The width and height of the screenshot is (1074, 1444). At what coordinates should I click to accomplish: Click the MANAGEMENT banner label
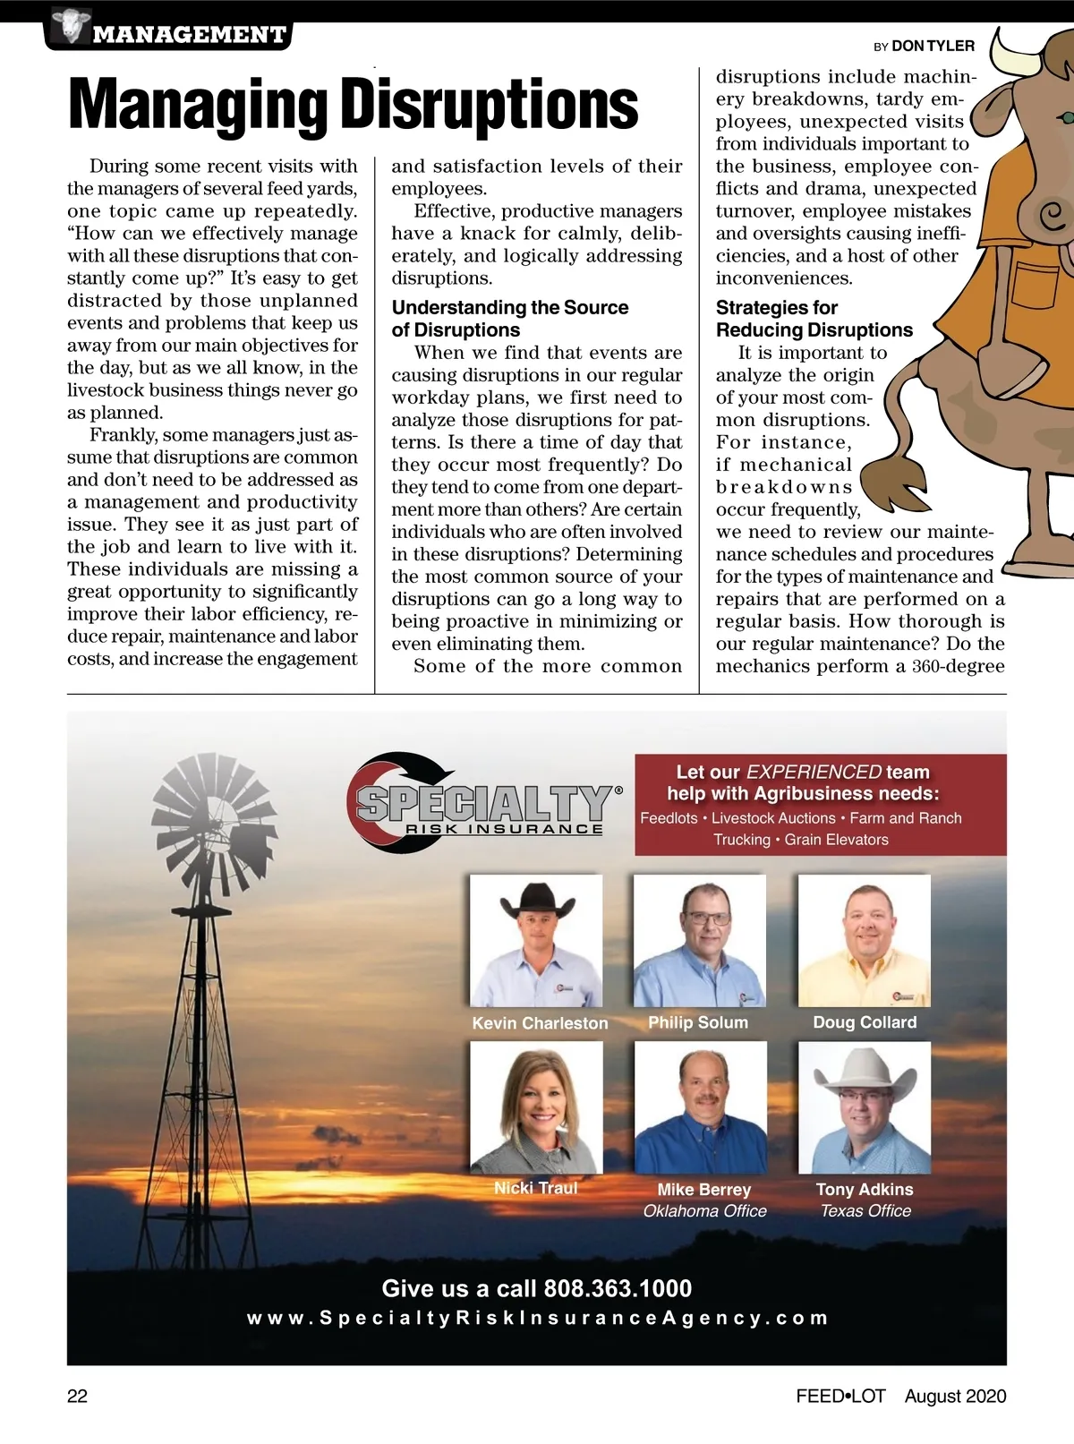coord(189,35)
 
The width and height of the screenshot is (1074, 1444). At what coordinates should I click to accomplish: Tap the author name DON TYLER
coord(933,46)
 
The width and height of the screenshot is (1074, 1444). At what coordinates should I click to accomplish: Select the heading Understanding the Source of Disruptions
coord(509,319)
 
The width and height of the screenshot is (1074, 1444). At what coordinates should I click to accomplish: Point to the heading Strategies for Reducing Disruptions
coord(814,319)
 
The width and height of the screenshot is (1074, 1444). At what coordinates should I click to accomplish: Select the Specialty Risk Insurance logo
coord(483,802)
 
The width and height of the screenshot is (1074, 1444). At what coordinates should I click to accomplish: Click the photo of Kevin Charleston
coord(536,940)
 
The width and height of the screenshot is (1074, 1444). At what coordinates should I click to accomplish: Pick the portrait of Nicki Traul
coord(536,1107)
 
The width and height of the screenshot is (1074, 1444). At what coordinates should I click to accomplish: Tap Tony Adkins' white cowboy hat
coord(864,1070)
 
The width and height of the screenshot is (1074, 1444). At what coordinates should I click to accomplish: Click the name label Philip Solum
coord(698,1022)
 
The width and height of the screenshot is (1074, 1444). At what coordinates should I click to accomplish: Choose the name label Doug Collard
coord(865,1022)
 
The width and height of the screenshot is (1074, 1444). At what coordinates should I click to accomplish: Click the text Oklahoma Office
coord(705,1211)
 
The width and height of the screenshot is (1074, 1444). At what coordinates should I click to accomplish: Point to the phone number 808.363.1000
coord(618,1288)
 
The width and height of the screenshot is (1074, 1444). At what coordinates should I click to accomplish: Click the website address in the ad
coord(537,1318)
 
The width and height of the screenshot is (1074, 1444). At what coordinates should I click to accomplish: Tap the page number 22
coord(78,1397)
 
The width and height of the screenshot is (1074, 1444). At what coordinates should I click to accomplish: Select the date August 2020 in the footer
coord(955,1397)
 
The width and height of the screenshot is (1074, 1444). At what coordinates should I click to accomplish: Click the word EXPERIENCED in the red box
coord(814,772)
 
